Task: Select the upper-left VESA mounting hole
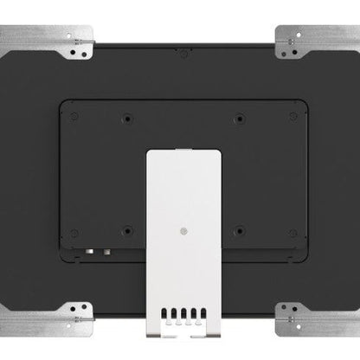pos(127,118)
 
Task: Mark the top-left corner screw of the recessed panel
pos(75,113)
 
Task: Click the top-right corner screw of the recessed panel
pos(292,113)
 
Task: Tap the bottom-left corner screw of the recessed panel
pos(75,233)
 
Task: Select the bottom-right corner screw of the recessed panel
pos(292,233)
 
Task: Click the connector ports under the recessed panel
pos(96,253)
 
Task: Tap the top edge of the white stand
pos(181,152)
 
